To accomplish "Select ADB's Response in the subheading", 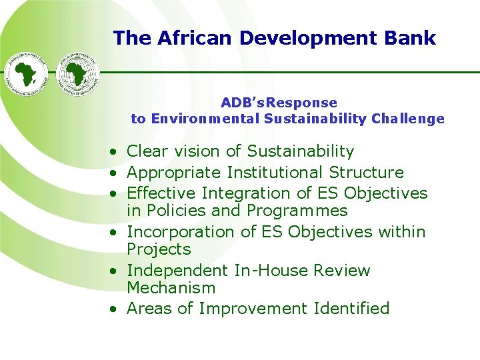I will (x=279, y=103).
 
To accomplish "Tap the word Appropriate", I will (x=173, y=172).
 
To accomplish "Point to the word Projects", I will (x=159, y=249).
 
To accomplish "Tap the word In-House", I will (x=270, y=270).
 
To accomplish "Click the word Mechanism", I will (x=171, y=288).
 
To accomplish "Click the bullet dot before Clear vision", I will (x=115, y=153).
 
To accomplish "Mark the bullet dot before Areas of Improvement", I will (x=115, y=309).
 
